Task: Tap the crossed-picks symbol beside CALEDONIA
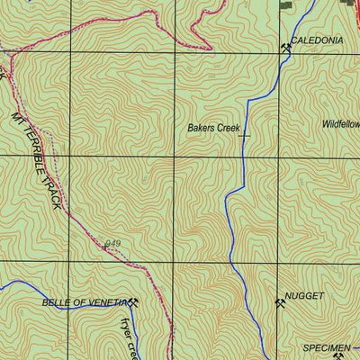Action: (x=286, y=48)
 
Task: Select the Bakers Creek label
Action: (x=212, y=129)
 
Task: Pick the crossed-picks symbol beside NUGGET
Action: (x=280, y=302)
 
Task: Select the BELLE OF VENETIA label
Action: (x=85, y=303)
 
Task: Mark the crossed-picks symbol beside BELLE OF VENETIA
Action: (x=134, y=302)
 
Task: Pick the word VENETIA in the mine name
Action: (x=109, y=303)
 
